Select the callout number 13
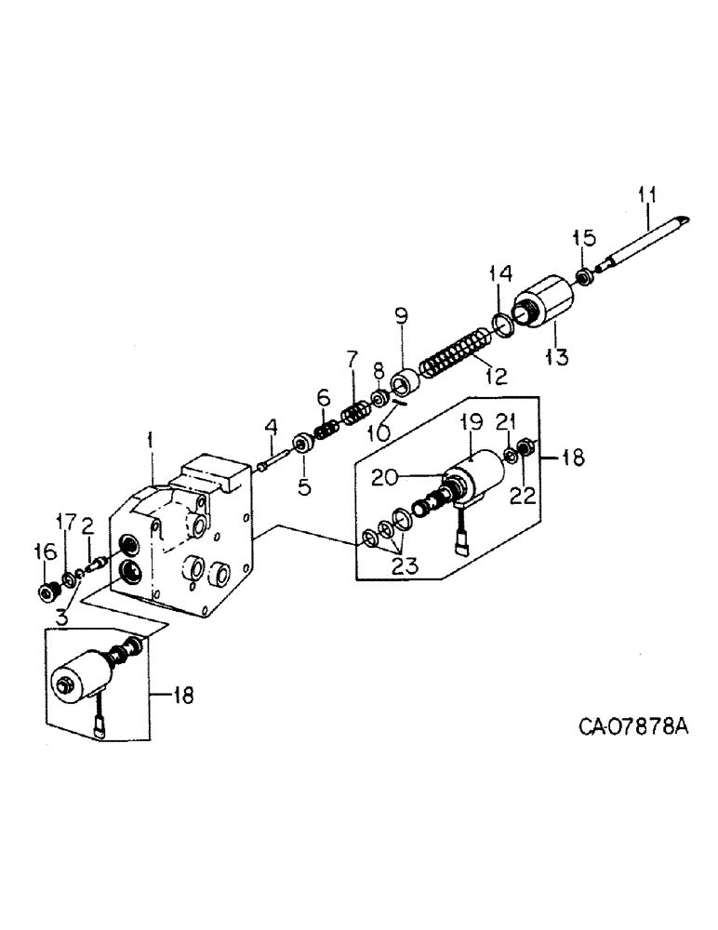click(x=557, y=356)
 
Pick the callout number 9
click(x=401, y=315)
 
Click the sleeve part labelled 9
click(x=405, y=381)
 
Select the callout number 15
click(x=584, y=238)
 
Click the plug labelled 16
click(x=46, y=591)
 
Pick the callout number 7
click(x=352, y=358)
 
